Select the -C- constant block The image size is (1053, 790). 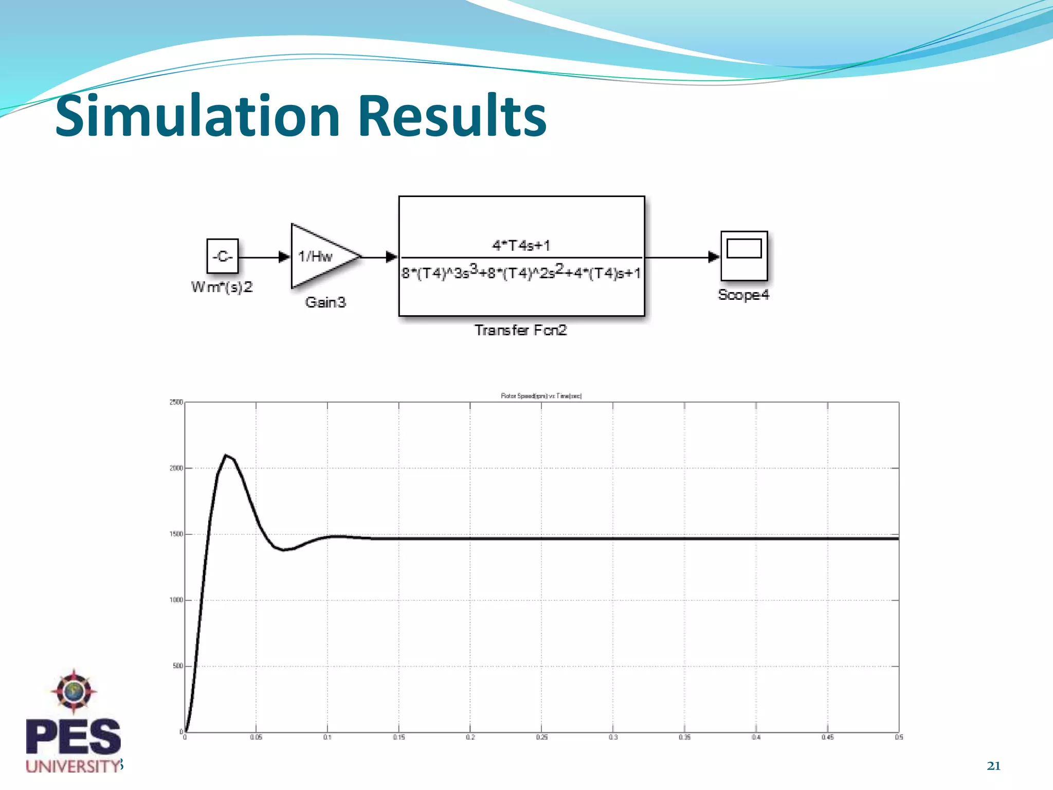tap(223, 256)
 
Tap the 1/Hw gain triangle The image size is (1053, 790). tap(321, 256)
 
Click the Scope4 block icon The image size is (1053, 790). tap(744, 256)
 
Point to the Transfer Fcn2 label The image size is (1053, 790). tap(520, 330)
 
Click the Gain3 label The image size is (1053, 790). tap(325, 302)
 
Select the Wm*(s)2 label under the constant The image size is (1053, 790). tap(222, 287)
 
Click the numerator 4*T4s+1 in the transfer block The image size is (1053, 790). tap(521, 245)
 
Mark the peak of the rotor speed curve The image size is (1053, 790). tap(225, 455)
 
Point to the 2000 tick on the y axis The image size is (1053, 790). tap(176, 468)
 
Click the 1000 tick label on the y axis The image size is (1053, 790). tap(176, 600)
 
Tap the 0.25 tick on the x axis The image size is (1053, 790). tap(541, 738)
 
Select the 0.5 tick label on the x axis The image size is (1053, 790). tap(899, 738)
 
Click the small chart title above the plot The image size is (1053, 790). tap(541, 396)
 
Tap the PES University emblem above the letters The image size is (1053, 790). tap(74, 691)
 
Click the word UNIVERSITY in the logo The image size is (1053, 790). tap(72, 766)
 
